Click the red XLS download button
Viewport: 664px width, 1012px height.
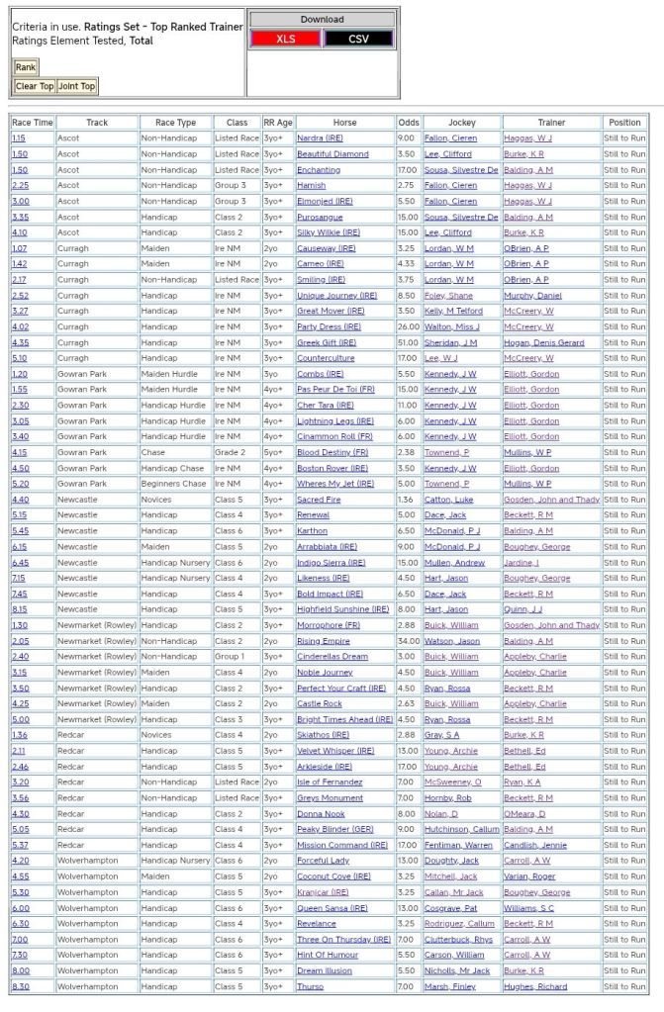(x=285, y=39)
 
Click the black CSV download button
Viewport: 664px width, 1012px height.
(x=358, y=39)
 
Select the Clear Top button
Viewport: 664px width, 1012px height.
(x=35, y=86)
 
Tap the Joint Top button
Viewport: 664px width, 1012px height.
(x=77, y=86)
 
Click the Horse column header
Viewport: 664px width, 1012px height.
(x=345, y=123)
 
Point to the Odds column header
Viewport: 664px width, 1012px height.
(x=409, y=123)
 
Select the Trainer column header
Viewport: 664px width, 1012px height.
(x=551, y=123)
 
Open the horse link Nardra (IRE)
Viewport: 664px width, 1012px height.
(x=319, y=138)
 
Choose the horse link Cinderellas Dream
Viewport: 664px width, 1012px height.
(x=332, y=657)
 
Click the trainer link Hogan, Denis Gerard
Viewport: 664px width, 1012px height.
(x=543, y=342)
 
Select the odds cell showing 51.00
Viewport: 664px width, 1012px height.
(x=408, y=342)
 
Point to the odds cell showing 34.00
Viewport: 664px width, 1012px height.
(x=408, y=641)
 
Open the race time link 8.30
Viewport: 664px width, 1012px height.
(x=20, y=986)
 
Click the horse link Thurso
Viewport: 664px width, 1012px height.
(x=310, y=986)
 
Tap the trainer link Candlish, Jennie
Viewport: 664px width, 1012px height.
(x=535, y=845)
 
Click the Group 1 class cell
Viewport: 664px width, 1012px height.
(x=232, y=657)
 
